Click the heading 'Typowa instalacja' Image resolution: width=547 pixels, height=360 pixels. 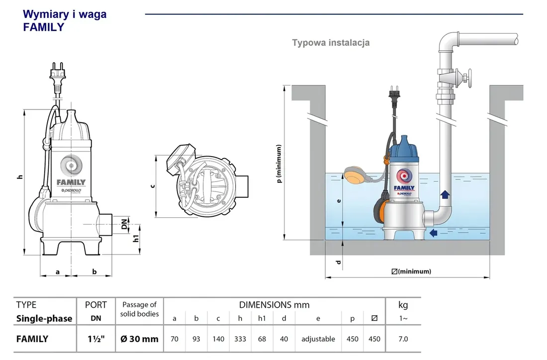[x=331, y=43]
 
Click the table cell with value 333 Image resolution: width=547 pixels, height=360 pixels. [x=240, y=339]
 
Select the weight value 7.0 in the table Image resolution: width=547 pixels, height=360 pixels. [x=403, y=339]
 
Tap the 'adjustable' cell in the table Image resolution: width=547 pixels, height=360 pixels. [x=318, y=339]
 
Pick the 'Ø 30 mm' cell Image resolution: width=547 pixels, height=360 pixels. [x=139, y=339]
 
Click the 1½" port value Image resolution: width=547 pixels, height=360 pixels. [x=96, y=339]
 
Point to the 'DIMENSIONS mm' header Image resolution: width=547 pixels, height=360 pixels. [x=274, y=305]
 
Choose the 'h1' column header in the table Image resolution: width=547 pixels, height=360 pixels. [x=262, y=319]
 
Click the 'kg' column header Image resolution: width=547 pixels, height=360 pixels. [x=403, y=305]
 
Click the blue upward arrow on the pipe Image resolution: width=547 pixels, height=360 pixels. [x=445, y=195]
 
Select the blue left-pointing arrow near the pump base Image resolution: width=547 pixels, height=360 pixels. [x=434, y=233]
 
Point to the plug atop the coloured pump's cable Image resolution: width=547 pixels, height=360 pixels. [x=392, y=95]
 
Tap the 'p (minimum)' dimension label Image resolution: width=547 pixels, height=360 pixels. [x=279, y=164]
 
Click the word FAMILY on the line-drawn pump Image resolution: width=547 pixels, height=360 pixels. [x=71, y=182]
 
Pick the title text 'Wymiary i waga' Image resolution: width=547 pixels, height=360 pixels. [x=65, y=14]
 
